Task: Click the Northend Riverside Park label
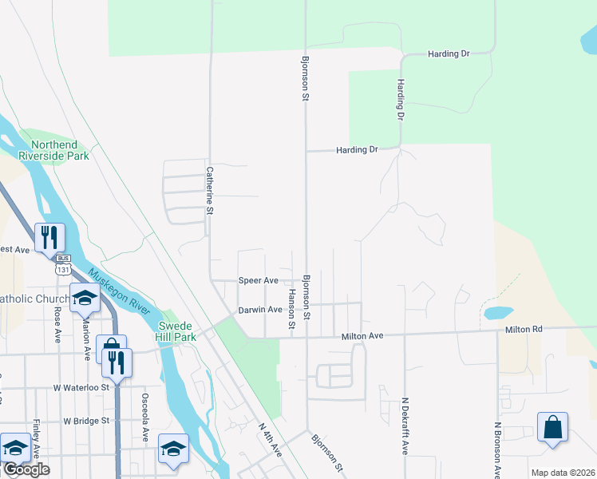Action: pyautogui.click(x=59, y=150)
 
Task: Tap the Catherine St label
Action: pyautogui.click(x=211, y=190)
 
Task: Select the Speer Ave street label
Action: pyautogui.click(x=259, y=281)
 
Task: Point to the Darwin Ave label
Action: pyautogui.click(x=260, y=310)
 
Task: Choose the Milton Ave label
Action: pyautogui.click(x=363, y=337)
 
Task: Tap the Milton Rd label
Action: pyautogui.click(x=523, y=329)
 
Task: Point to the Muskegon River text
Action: pyautogui.click(x=120, y=293)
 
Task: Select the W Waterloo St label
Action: pyautogui.click(x=81, y=387)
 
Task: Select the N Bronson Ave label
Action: pyautogui.click(x=496, y=450)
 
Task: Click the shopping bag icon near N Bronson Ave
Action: pyautogui.click(x=552, y=428)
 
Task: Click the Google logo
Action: pyautogui.click(x=26, y=469)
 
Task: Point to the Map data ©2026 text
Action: pyautogui.click(x=562, y=473)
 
